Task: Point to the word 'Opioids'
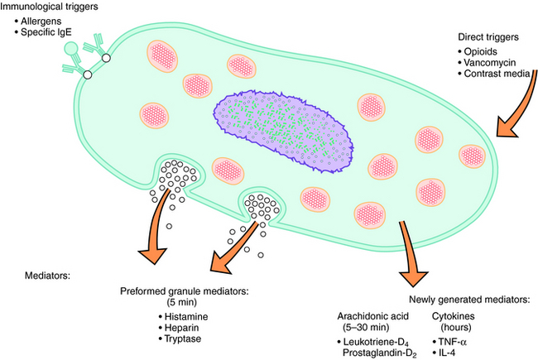tap(484, 53)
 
